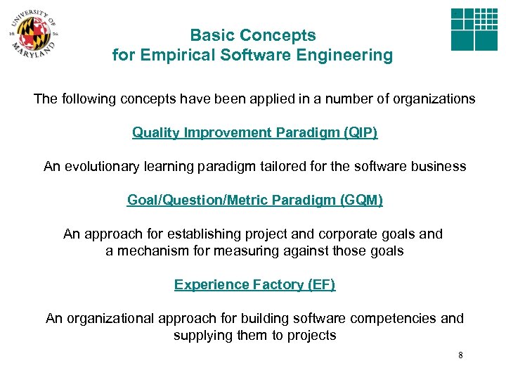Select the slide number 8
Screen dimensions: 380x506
460,355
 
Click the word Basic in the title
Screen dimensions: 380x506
212,35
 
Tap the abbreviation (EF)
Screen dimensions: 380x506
321,284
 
